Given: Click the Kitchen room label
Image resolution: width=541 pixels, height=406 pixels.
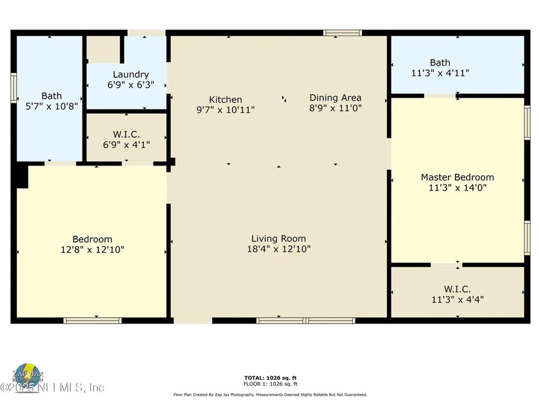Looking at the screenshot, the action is click(225, 100).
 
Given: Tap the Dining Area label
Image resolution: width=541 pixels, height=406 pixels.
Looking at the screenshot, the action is click(335, 97).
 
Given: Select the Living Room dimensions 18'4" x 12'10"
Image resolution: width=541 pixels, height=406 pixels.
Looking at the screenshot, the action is click(279, 248).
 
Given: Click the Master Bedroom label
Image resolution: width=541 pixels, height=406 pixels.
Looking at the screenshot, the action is click(457, 177).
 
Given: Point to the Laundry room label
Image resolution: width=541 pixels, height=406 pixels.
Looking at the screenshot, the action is click(131, 75).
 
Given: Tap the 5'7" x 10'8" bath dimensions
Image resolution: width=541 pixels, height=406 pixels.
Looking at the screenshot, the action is click(52, 106).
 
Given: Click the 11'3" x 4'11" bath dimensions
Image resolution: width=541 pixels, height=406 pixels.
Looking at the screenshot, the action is click(440, 73).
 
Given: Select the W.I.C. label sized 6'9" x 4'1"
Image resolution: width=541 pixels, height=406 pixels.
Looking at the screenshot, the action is click(126, 134).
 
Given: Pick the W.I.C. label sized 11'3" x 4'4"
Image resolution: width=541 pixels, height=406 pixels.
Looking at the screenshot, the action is click(457, 289).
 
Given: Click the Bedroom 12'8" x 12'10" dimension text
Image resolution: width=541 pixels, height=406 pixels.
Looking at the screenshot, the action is click(93, 249).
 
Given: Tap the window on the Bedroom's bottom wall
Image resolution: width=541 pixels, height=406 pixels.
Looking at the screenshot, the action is click(93, 320).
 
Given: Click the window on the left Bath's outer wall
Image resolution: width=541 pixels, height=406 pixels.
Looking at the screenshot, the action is click(14, 88).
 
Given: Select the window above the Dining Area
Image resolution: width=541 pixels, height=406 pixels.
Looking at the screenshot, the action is click(342, 33).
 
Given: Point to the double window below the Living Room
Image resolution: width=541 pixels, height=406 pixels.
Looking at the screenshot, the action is click(306, 320).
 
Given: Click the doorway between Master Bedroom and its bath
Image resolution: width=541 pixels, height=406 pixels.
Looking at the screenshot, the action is click(440, 96).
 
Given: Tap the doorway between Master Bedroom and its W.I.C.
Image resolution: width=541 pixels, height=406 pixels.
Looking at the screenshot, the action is click(446, 265).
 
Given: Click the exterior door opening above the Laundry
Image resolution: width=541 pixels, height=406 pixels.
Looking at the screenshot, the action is click(147, 33).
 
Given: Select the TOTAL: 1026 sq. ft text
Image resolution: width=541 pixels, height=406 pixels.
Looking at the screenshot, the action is click(270, 378).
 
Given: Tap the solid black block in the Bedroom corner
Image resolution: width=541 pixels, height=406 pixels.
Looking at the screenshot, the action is click(22, 176).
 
